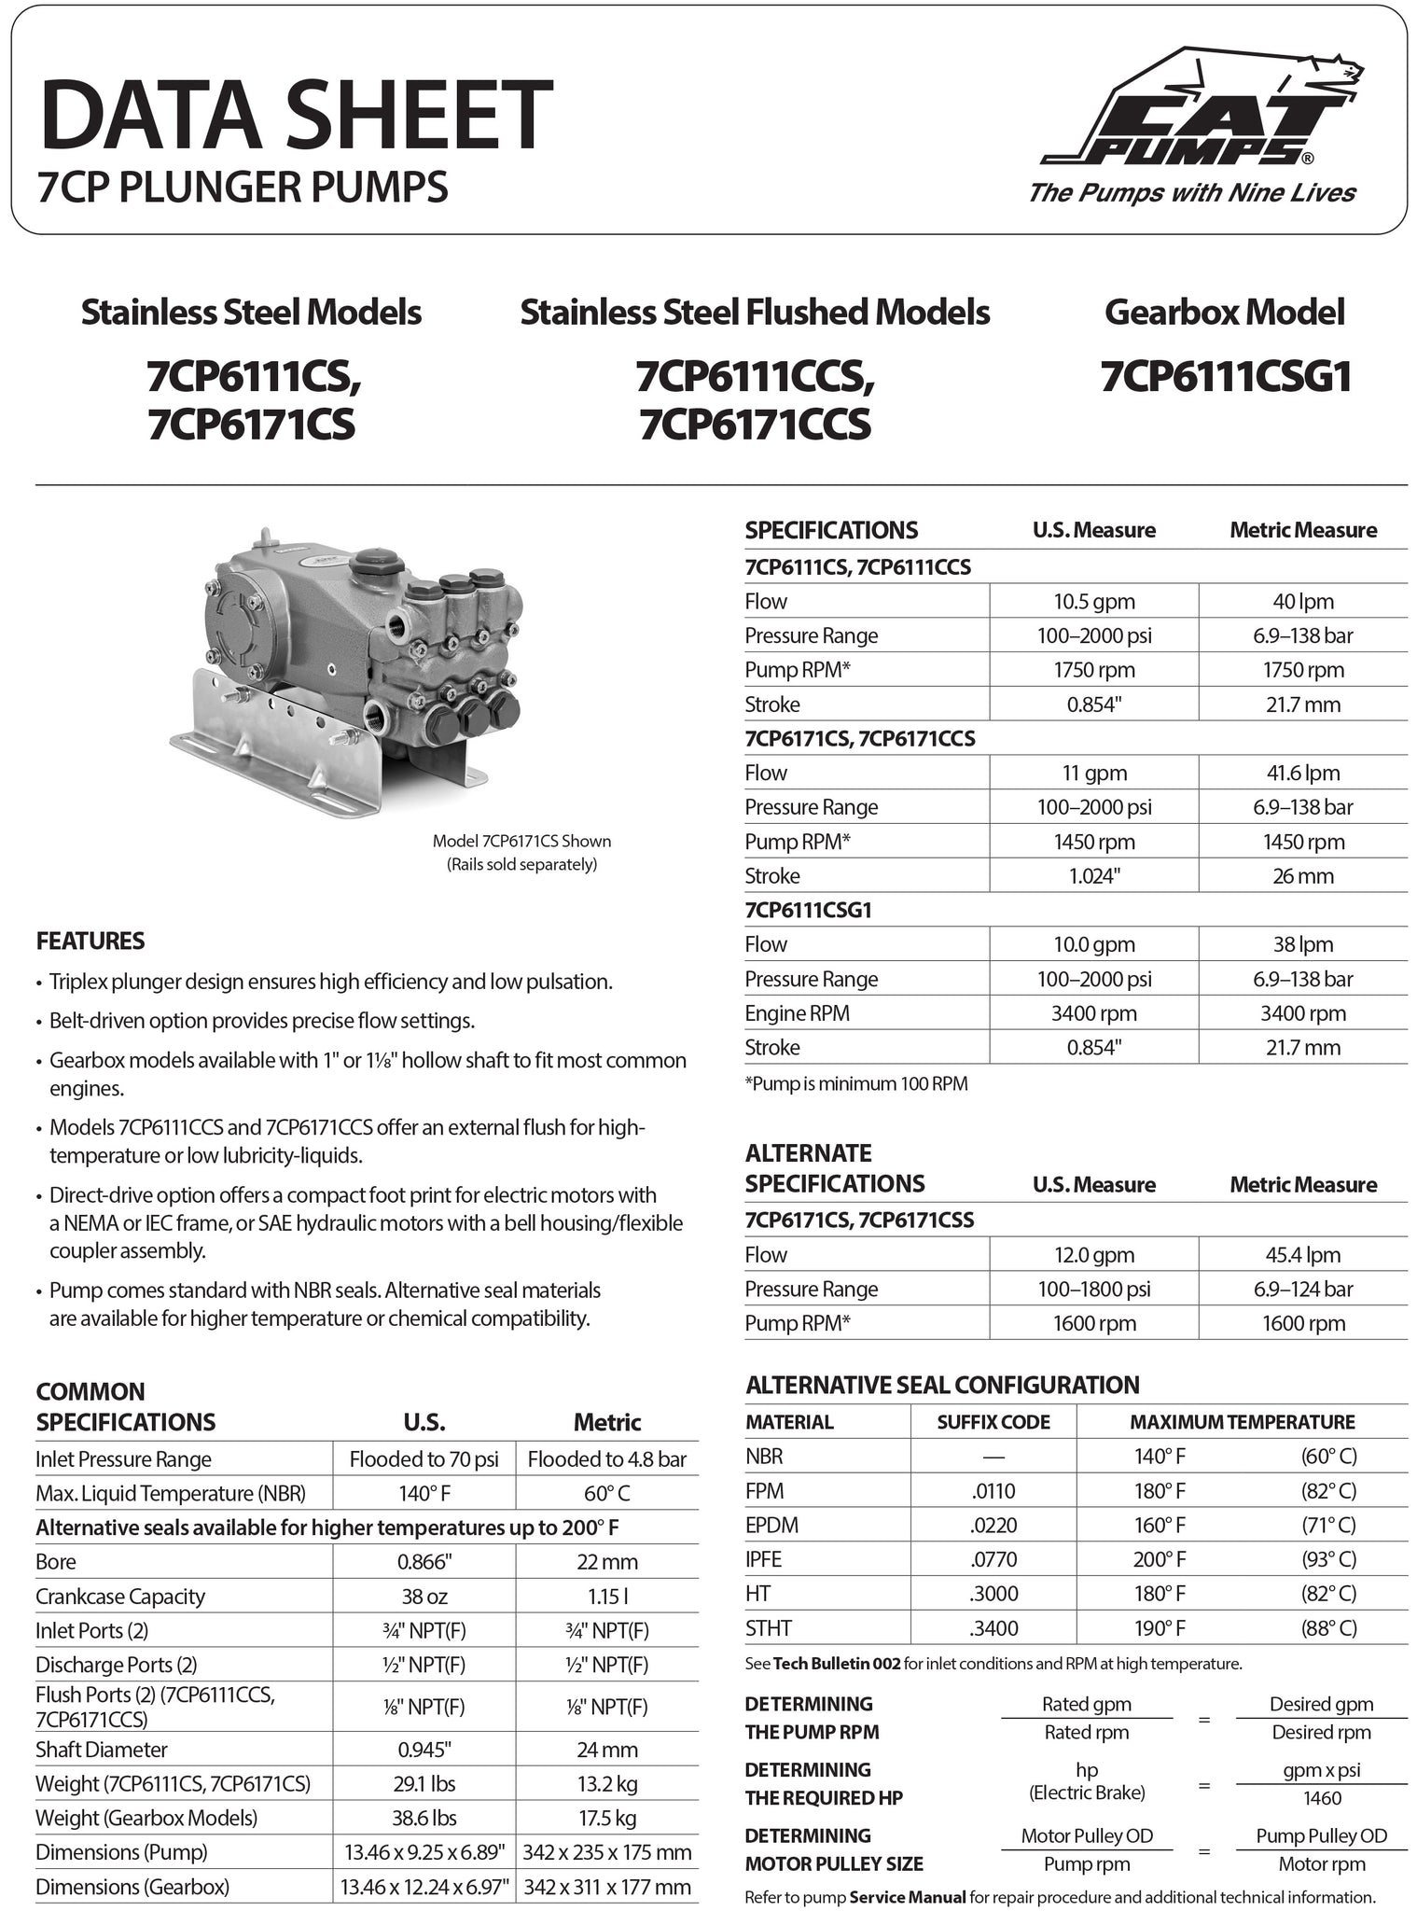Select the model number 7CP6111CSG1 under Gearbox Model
[x=1225, y=378]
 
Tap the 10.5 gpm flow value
[x=1093, y=602]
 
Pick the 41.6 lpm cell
[x=1302, y=773]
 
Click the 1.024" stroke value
[x=1093, y=876]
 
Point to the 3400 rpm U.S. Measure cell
[x=1093, y=1013]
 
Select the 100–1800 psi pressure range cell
[x=1093, y=1290]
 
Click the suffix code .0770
[x=993, y=1559]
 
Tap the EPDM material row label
[x=771, y=1525]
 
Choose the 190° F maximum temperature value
[x=1160, y=1628]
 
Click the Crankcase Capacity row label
[x=120, y=1597]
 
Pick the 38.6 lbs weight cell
[x=424, y=1818]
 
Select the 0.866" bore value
[x=424, y=1562]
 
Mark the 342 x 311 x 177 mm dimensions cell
[x=607, y=1887]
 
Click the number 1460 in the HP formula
[x=1321, y=1798]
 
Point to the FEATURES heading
[x=90, y=941]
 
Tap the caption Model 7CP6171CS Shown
[x=521, y=841]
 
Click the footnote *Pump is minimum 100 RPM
[x=855, y=1083]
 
